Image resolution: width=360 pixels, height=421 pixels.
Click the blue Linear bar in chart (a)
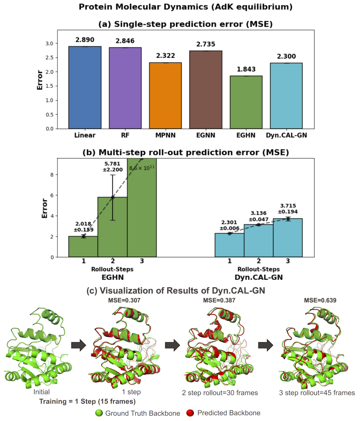click(x=85, y=87)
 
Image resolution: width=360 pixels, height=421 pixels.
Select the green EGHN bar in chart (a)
click(x=246, y=102)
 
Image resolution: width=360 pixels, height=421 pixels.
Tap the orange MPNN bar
click(x=165, y=95)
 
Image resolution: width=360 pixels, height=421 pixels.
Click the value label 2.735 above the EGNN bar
click(x=206, y=44)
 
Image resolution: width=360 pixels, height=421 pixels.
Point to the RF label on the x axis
click(x=125, y=135)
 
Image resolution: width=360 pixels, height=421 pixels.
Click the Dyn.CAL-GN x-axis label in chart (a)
click(x=286, y=135)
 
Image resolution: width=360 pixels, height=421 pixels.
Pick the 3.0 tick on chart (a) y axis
click(x=49, y=43)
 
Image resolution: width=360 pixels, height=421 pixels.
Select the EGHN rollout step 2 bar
click(x=112, y=227)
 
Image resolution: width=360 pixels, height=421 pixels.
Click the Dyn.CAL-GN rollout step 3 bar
click(x=288, y=238)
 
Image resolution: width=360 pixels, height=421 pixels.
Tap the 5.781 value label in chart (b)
click(x=112, y=164)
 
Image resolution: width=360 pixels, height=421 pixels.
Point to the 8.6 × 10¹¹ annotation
click(x=142, y=168)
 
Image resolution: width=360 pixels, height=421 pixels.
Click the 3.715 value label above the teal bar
click(x=288, y=206)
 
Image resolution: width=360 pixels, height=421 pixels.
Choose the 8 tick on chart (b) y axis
click(x=52, y=174)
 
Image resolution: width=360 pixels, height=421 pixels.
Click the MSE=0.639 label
click(x=320, y=300)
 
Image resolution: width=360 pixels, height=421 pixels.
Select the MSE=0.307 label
click(x=124, y=300)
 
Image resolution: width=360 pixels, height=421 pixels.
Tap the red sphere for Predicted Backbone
click(x=190, y=413)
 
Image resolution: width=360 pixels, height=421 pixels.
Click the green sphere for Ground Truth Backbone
click(x=99, y=413)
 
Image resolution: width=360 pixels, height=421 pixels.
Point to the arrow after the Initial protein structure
click(x=78, y=345)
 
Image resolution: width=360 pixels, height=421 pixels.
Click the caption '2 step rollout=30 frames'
click(x=220, y=393)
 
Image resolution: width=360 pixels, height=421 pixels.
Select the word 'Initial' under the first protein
click(x=41, y=392)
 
